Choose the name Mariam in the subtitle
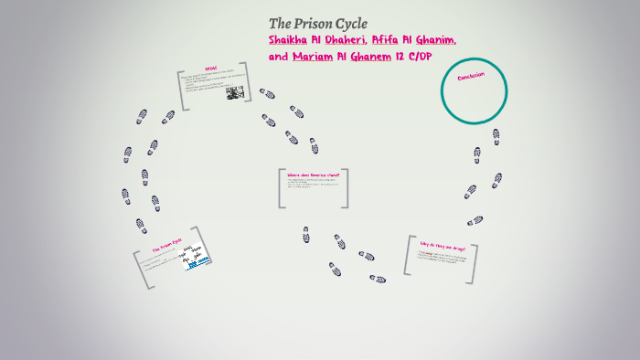click(x=313, y=57)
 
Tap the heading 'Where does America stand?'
click(x=312, y=174)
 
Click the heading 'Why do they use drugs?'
click(x=441, y=249)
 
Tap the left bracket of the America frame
click(x=280, y=187)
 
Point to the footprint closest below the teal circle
click(x=496, y=135)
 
